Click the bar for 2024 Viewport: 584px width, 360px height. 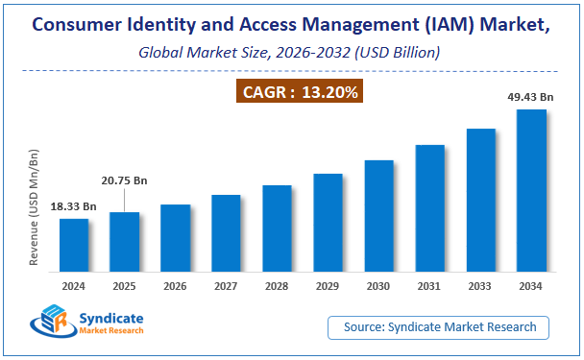click(74, 247)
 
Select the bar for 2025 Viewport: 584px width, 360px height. click(125, 243)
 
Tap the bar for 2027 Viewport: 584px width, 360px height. click(226, 234)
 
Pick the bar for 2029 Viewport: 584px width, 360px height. click(328, 224)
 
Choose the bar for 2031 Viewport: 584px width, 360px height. click(429, 209)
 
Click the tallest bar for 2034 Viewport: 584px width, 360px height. click(531, 192)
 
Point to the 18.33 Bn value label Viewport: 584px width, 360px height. click(74, 206)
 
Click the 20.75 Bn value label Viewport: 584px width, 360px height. click(125, 180)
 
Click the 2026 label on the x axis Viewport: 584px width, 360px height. click(176, 286)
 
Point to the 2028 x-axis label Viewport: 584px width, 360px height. click(277, 286)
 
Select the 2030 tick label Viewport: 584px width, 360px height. click(378, 286)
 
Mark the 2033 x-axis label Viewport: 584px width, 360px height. click(480, 286)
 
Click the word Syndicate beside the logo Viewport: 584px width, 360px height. click(113, 316)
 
